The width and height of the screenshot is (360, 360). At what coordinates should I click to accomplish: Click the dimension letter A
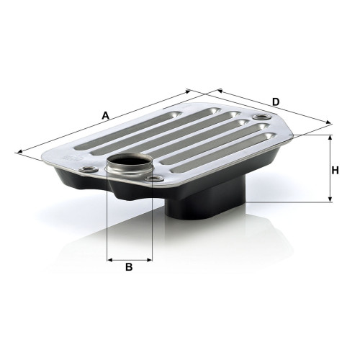(106, 115)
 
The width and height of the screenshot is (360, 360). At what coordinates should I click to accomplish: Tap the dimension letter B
(130, 267)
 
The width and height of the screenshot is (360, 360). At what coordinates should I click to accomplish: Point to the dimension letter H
(335, 170)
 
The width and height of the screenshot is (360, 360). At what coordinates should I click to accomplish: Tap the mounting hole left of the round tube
(88, 170)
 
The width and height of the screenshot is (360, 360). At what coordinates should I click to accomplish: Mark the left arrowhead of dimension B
(109, 258)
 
